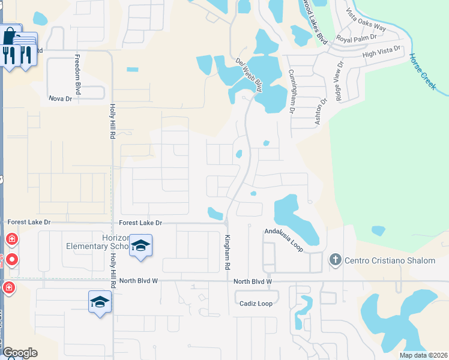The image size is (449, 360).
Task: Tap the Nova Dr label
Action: click(x=60, y=98)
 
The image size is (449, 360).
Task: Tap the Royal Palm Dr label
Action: click(x=356, y=37)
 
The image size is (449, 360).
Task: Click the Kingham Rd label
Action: click(x=228, y=251)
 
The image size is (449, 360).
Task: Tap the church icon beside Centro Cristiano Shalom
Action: click(x=335, y=260)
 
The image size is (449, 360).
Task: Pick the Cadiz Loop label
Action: click(x=256, y=304)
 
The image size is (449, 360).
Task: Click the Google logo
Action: click(x=20, y=353)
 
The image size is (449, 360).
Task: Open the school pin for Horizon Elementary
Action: click(x=140, y=246)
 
